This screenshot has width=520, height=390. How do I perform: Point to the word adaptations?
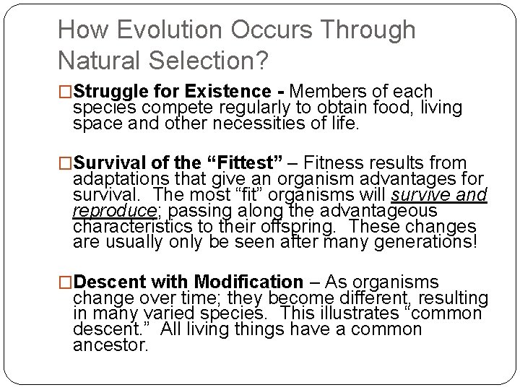(x=122, y=179)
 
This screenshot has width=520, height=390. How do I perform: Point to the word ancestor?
(x=110, y=344)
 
